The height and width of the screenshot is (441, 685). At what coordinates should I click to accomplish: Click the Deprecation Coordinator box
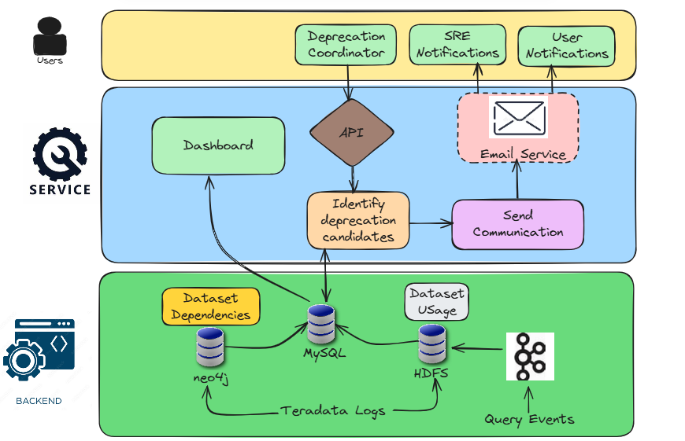(x=346, y=45)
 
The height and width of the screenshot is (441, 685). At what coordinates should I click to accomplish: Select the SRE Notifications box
(x=457, y=45)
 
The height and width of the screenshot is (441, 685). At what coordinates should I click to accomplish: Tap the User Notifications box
(x=567, y=45)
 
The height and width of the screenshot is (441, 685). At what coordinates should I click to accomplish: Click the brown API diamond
(x=351, y=133)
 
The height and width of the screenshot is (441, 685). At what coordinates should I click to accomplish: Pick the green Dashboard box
(x=218, y=145)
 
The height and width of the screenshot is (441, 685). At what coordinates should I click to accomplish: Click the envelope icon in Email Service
(x=518, y=116)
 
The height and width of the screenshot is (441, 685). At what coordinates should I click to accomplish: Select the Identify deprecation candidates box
(x=358, y=220)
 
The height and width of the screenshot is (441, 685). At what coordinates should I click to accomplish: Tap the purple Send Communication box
(x=518, y=224)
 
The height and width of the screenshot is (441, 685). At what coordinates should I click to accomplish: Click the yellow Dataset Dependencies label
(x=211, y=307)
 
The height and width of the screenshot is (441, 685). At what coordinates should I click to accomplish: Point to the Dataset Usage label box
(x=437, y=302)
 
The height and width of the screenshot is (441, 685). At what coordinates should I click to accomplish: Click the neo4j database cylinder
(x=210, y=347)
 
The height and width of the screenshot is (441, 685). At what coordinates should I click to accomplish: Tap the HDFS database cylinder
(x=431, y=344)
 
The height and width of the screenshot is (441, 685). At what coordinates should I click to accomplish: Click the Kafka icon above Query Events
(x=530, y=356)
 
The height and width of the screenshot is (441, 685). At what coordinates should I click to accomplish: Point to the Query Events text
(x=529, y=419)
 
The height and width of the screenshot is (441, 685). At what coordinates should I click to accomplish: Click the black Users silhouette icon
(x=50, y=37)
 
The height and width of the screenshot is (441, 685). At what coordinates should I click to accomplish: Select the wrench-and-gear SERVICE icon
(x=59, y=153)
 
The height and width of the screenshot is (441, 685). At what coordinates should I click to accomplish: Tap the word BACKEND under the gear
(x=39, y=401)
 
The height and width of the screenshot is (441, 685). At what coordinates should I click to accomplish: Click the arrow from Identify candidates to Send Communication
(x=430, y=224)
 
